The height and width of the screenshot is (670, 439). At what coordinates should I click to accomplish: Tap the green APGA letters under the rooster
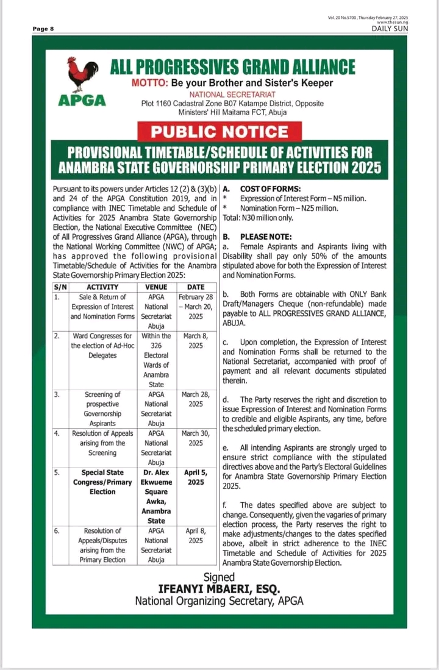[82, 101]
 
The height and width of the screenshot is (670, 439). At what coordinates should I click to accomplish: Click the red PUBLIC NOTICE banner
[220, 132]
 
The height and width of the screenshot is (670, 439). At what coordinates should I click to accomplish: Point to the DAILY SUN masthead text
[390, 29]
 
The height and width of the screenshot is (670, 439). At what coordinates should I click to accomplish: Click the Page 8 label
[43, 29]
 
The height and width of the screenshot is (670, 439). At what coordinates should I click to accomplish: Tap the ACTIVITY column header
[102, 287]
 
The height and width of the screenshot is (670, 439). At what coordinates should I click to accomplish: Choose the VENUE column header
[157, 287]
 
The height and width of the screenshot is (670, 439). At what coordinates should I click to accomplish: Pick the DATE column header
[196, 287]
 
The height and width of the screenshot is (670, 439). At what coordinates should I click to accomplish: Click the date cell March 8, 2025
[196, 341]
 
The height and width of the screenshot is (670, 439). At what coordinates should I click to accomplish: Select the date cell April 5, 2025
[196, 477]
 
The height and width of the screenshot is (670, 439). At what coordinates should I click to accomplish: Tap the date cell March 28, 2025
[196, 399]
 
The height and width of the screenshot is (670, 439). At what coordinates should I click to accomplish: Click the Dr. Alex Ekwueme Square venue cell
[157, 496]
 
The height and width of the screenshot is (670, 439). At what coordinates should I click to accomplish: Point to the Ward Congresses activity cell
[102, 346]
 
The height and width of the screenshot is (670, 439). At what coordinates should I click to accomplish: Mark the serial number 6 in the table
[57, 531]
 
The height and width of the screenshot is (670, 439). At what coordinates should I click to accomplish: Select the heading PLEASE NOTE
[266, 237]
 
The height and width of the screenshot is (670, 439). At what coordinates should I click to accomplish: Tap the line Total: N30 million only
[258, 218]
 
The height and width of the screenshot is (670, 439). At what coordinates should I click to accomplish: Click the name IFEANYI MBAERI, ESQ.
[219, 589]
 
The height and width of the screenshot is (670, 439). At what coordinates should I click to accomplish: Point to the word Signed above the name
[219, 577]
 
